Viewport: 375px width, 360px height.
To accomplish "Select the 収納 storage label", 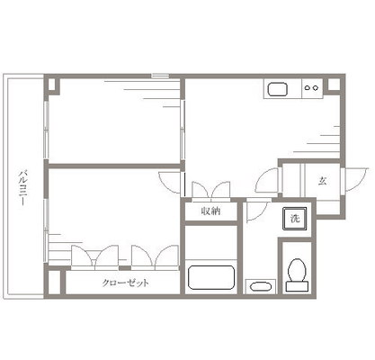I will (210, 211).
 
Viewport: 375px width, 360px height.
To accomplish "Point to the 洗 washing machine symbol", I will (294, 218).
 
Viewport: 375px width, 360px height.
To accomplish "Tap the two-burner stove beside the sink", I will (311, 88).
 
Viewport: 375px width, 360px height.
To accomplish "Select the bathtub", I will (211, 275).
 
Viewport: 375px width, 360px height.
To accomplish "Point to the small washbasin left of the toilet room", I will (260, 286).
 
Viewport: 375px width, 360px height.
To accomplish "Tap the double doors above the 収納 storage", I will (210, 191).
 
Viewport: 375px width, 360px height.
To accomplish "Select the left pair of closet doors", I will (96, 256).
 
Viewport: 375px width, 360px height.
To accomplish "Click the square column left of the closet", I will (55, 283).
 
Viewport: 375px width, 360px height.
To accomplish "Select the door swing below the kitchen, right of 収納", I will (256, 212).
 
